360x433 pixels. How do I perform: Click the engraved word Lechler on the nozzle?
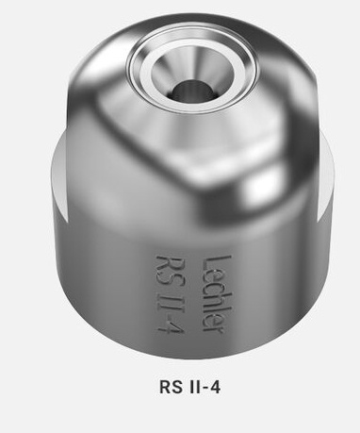click(x=217, y=294)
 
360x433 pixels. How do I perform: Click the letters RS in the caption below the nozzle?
click(x=171, y=387)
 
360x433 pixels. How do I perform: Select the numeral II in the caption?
click(x=193, y=387)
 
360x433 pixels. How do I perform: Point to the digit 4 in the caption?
click(x=215, y=387)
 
